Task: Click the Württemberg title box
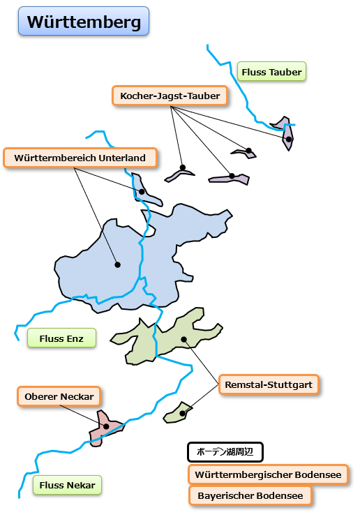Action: tap(84, 21)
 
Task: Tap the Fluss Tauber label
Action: tap(271, 71)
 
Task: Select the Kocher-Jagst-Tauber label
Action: tap(170, 96)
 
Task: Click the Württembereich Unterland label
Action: tap(80, 158)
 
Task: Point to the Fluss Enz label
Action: tap(61, 338)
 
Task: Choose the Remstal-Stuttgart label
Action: tap(269, 384)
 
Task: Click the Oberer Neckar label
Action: tap(59, 396)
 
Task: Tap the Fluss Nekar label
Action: tap(67, 485)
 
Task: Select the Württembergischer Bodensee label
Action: tap(268, 474)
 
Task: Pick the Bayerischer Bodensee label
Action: tap(250, 495)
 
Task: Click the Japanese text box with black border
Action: tap(225, 452)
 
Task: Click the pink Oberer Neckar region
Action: tap(105, 428)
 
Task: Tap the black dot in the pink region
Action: tap(106, 426)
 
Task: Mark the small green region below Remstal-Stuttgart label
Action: tap(177, 412)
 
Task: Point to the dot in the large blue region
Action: tap(118, 264)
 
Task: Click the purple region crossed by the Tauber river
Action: tap(285, 132)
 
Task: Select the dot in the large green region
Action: tap(184, 339)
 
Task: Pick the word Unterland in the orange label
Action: tap(122, 158)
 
